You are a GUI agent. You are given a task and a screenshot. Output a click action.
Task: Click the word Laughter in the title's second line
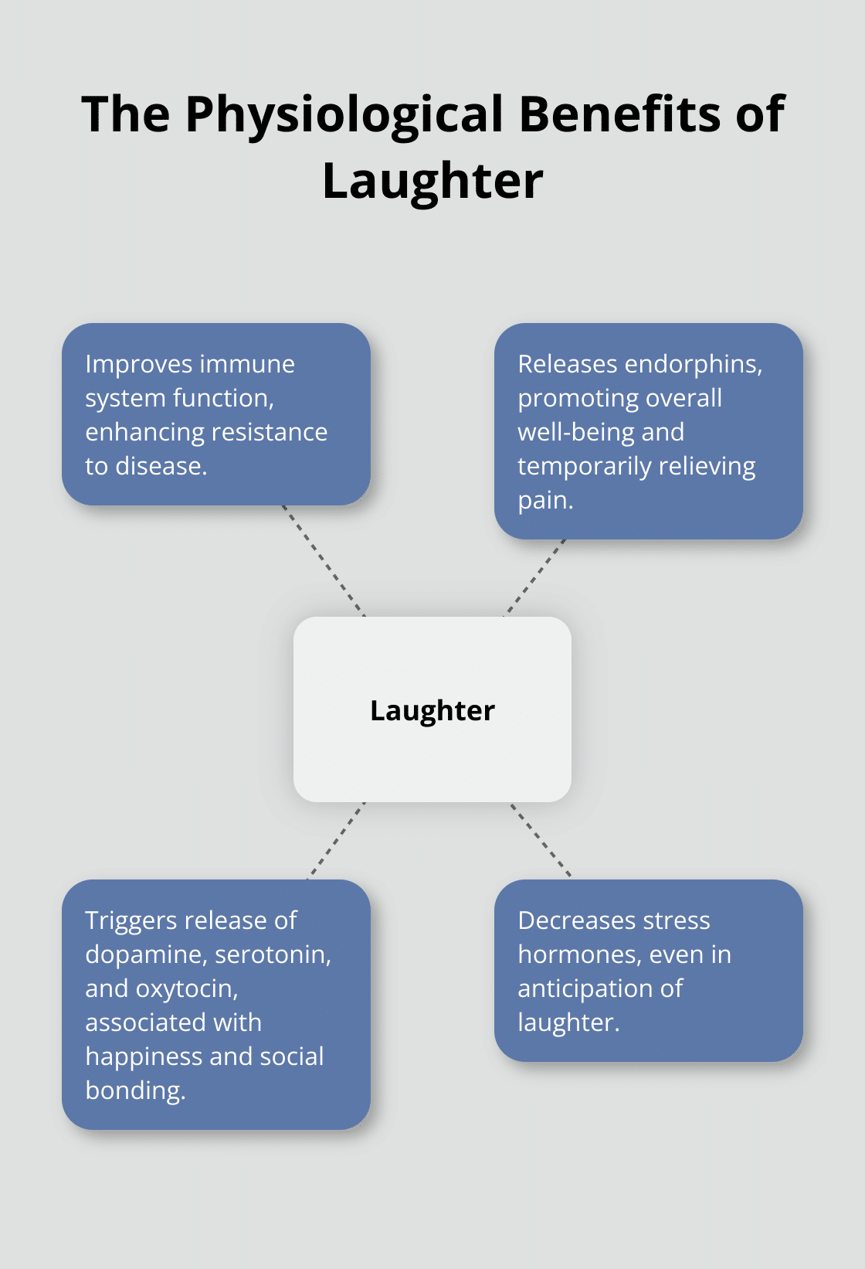pos(432,182)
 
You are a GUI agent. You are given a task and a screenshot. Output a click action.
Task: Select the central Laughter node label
pos(432,711)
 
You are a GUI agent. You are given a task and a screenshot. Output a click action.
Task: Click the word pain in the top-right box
pos(544,501)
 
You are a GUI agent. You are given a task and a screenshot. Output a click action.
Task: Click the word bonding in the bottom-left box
pos(135,1090)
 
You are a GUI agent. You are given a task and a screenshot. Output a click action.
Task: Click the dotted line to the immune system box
pos(324,561)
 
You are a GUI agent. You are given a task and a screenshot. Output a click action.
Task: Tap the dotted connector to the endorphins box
pos(535,577)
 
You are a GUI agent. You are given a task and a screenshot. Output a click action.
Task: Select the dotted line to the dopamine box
pos(337,840)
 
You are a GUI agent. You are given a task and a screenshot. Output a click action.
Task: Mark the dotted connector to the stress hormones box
pos(541,839)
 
